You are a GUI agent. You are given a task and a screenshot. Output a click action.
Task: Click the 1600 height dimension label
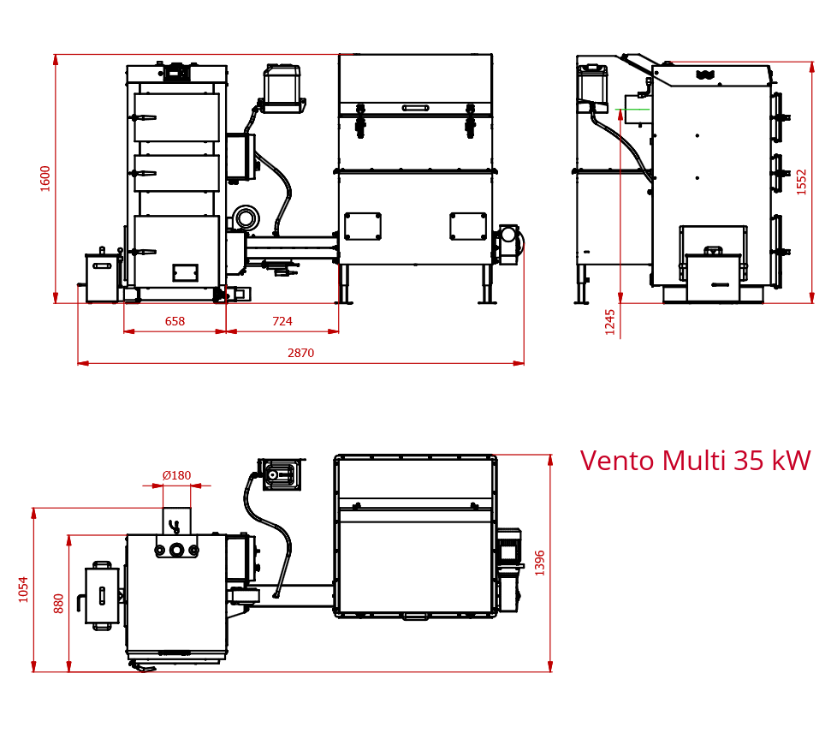click(45, 178)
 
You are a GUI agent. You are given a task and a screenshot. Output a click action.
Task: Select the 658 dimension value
click(175, 321)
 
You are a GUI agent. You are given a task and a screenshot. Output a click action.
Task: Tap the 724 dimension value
click(282, 321)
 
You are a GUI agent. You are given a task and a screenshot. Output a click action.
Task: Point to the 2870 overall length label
click(300, 353)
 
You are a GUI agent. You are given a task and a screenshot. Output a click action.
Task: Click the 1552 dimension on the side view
click(801, 182)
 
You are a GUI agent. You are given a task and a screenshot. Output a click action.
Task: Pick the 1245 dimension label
click(609, 322)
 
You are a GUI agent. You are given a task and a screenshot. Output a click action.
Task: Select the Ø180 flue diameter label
click(176, 475)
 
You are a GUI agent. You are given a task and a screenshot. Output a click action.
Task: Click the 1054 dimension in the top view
click(23, 589)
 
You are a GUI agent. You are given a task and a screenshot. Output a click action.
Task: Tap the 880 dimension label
click(59, 603)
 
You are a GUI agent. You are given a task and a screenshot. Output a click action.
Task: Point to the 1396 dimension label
click(540, 563)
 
